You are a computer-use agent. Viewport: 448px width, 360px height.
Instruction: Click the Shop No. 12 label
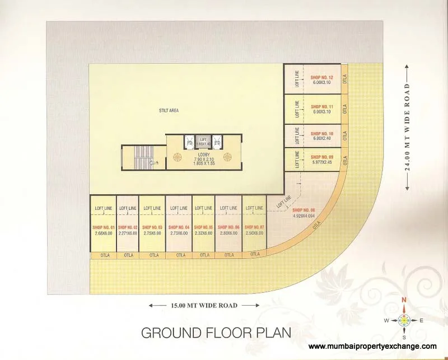point(322,77)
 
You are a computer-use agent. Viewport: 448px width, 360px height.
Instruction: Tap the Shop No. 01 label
point(104,227)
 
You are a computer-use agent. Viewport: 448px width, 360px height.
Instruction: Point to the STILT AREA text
point(169,111)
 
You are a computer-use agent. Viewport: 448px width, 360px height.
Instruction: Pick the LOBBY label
point(204,153)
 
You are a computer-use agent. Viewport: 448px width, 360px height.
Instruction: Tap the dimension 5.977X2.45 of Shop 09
point(322,162)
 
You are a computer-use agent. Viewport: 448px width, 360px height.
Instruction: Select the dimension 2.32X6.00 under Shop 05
point(204,233)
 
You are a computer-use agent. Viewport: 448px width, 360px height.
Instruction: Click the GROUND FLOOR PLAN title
point(216,333)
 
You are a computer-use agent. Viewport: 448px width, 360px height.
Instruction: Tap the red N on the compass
point(403,300)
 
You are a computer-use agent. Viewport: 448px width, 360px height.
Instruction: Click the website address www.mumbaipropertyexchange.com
point(372,347)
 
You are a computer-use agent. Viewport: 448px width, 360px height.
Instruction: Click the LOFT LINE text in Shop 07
point(254,208)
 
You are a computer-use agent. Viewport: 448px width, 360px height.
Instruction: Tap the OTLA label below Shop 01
point(104,255)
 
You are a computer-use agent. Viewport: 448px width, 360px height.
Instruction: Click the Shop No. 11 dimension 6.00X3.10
point(322,111)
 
